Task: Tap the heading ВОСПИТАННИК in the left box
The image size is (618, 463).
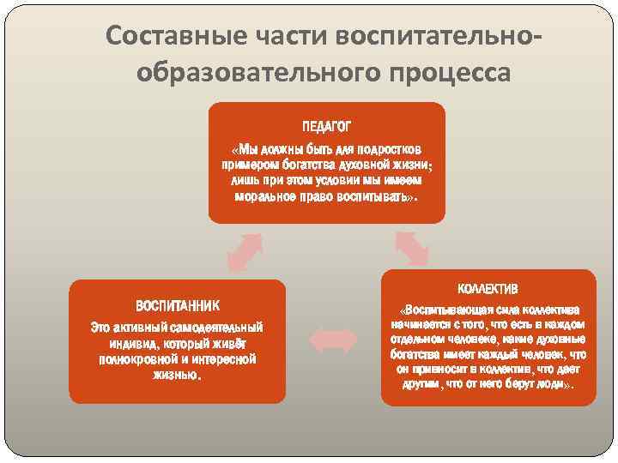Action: pyautogui.click(x=178, y=305)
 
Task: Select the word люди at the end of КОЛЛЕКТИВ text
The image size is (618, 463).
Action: pyautogui.click(x=551, y=385)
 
